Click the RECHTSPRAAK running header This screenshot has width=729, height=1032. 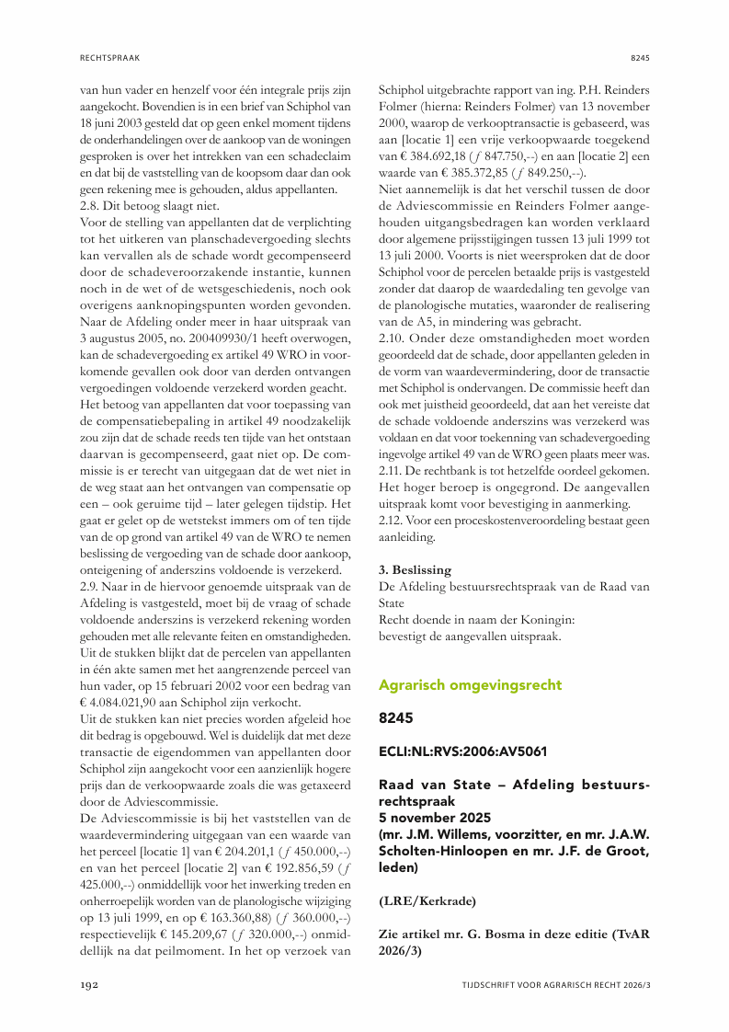click(x=108, y=57)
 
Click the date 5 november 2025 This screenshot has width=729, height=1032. click(x=435, y=817)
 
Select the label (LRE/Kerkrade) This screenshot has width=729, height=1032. click(x=427, y=900)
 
